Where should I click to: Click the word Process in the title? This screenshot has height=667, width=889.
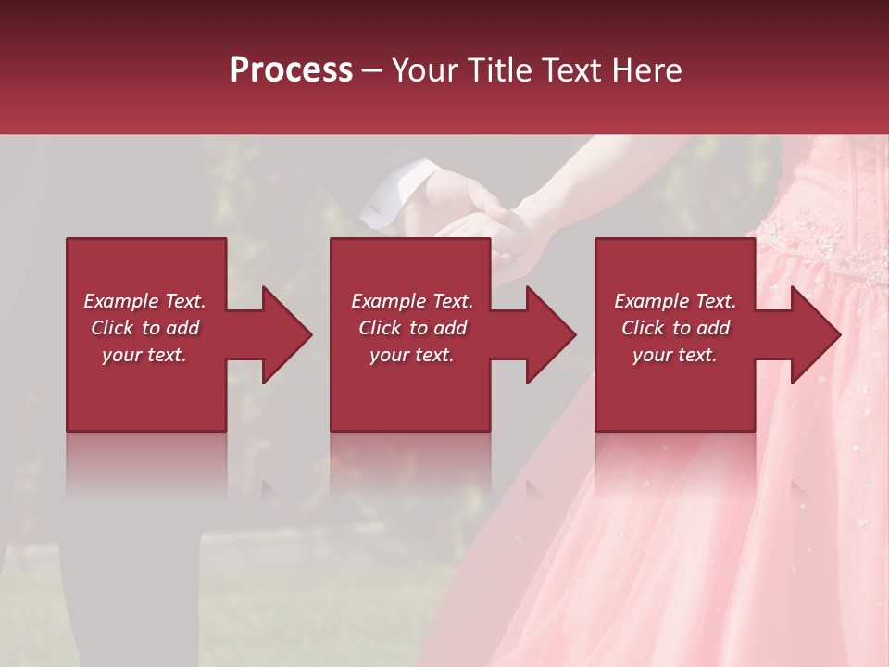click(x=291, y=70)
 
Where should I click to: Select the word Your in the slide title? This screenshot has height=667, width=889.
click(x=426, y=70)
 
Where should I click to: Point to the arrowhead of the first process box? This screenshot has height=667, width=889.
click(x=283, y=334)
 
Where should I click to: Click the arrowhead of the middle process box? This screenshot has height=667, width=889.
click(x=547, y=334)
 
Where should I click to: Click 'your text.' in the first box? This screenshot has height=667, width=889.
click(x=144, y=355)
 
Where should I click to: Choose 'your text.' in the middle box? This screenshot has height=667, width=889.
click(x=411, y=355)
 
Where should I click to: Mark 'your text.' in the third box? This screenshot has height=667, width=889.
click(x=674, y=355)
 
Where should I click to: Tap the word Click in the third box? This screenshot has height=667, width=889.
click(x=644, y=328)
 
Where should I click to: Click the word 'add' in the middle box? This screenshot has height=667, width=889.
click(x=451, y=328)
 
